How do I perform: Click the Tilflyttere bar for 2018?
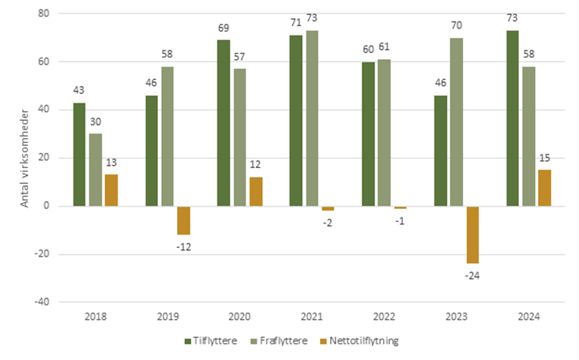79,154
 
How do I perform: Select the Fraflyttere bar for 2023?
457,122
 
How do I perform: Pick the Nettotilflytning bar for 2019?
183,220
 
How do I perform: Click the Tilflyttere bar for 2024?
512,118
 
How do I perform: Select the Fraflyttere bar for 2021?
313,118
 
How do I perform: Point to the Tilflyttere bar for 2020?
224,123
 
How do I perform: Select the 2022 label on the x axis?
384,317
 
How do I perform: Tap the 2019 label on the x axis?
167,317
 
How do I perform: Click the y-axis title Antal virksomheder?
24,158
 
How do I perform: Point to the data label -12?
183,246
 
